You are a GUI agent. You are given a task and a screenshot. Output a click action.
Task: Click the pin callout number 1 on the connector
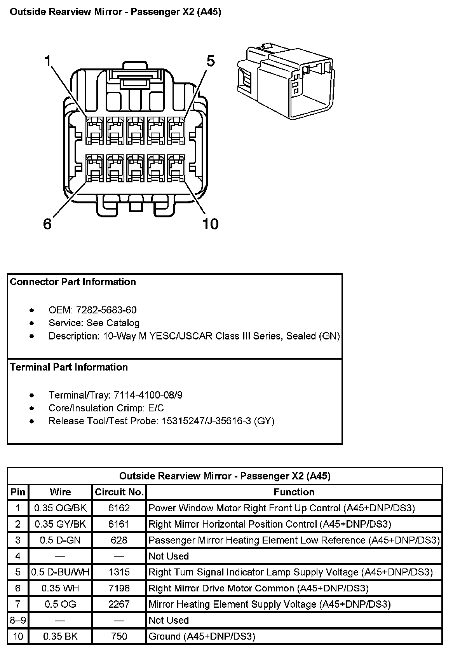point(48,61)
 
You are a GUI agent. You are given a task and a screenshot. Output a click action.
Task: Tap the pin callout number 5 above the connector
point(210,61)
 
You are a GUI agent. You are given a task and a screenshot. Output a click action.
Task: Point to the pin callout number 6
point(47,224)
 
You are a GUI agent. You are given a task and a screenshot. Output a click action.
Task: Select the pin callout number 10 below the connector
point(210,224)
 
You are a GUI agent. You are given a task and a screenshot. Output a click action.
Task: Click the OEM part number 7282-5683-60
point(106,310)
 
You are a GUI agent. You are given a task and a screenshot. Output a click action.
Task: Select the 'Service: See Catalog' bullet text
point(94,323)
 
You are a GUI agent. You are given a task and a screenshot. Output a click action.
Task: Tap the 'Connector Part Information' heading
point(73,282)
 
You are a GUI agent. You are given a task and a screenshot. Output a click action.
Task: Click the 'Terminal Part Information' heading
point(69,367)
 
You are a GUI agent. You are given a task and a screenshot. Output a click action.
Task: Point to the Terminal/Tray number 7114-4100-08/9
point(148,395)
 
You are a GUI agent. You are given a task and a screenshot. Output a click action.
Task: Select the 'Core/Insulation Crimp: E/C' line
point(106,408)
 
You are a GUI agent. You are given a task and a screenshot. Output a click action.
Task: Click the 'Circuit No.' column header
point(119,492)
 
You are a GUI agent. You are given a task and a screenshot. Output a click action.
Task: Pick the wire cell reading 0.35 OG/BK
point(60,508)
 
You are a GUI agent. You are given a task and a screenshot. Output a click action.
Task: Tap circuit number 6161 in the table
point(119,524)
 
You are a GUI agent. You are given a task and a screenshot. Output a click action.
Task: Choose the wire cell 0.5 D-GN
point(60,540)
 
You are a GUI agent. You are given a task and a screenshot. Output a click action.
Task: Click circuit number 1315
point(119,572)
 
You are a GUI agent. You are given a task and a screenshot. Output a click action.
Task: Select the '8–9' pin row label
point(18,620)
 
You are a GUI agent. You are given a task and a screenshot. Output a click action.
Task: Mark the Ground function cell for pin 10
point(202,636)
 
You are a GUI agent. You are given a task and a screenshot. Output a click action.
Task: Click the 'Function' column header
point(294,492)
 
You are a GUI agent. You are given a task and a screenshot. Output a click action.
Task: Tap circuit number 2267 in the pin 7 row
point(119,604)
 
